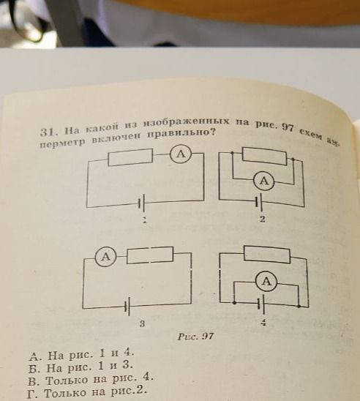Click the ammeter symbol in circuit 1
coord(181,154)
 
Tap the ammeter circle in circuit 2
coord(264,181)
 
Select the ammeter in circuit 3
coord(105,257)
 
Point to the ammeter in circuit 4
coord(266,282)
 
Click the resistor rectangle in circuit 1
coord(131,157)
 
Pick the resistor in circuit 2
coord(264,156)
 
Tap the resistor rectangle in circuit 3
coord(150,255)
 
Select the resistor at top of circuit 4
coord(267,254)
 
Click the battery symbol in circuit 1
coord(142,203)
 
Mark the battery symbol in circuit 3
coord(127,307)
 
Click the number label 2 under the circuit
coord(262,219)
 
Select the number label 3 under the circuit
coord(142,323)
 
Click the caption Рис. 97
coord(195,336)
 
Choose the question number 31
coord(48,132)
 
